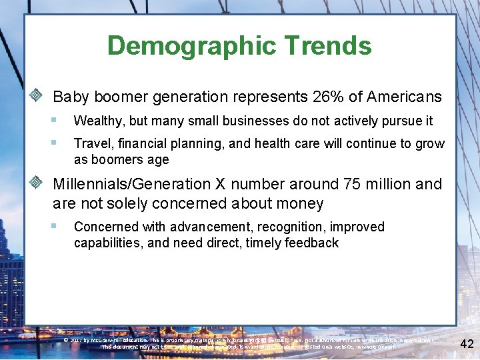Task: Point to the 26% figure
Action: point(328,97)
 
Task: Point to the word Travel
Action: point(90,143)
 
